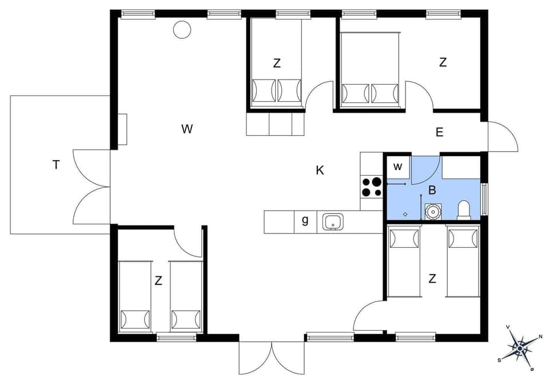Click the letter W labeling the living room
click(187, 129)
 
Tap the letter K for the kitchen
click(320, 170)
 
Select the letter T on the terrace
click(56, 165)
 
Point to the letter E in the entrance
click(439, 132)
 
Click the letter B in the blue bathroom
click(432, 190)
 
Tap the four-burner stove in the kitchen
click(372, 187)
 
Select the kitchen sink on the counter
click(332, 221)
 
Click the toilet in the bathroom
click(464, 210)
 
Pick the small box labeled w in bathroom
click(398, 167)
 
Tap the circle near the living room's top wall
click(182, 29)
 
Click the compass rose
click(519, 346)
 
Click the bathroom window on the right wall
click(485, 199)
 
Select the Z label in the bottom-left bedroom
click(158, 281)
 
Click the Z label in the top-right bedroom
click(443, 63)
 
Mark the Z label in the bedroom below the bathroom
click(432, 279)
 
